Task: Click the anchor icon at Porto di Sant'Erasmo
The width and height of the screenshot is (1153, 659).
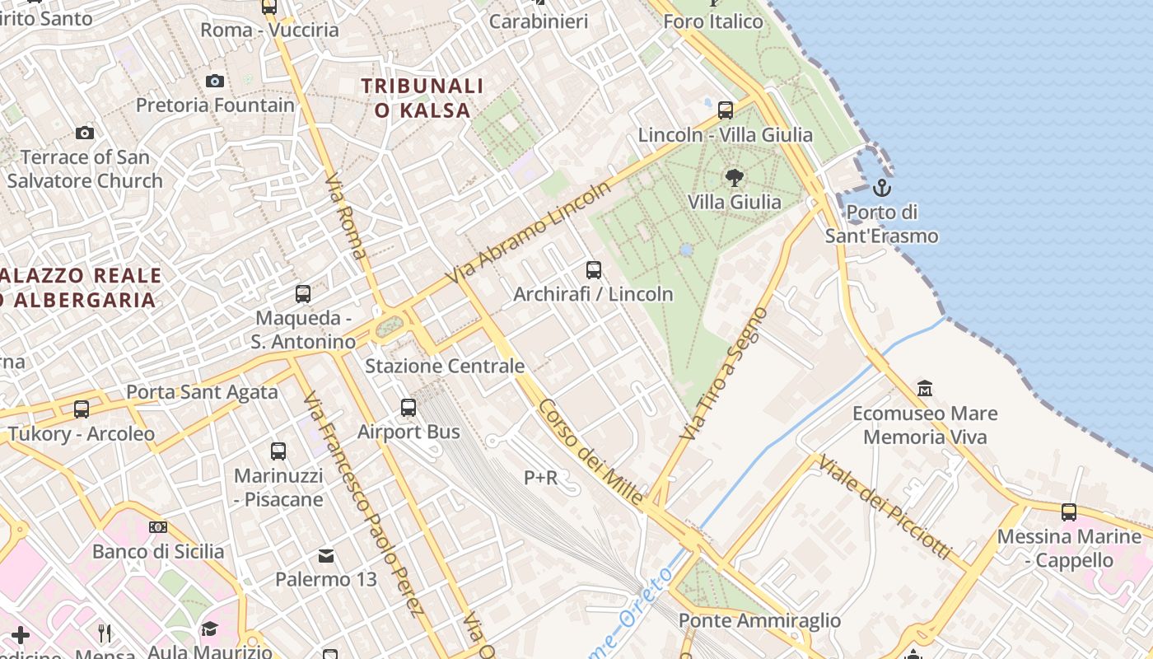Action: (x=882, y=187)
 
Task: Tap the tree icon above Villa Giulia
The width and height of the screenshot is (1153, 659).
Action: (x=734, y=176)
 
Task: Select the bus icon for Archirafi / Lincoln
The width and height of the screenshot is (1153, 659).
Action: (x=593, y=269)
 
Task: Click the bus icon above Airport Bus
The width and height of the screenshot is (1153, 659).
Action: (x=408, y=407)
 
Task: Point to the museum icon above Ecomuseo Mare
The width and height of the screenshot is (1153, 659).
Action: (x=925, y=388)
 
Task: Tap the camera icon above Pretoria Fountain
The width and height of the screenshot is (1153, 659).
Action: (x=215, y=81)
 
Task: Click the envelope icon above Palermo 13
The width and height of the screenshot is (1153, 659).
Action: (x=326, y=556)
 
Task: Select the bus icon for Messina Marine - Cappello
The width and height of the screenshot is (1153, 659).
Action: (x=1069, y=512)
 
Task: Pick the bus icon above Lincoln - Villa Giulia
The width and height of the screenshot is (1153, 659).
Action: (x=726, y=110)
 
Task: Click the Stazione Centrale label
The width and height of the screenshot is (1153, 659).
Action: (x=445, y=366)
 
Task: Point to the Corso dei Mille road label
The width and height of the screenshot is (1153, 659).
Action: (x=591, y=451)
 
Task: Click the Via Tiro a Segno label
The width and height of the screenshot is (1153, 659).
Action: (x=724, y=373)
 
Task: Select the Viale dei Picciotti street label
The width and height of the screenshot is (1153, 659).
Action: (x=884, y=506)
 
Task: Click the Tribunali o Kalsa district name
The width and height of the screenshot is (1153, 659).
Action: (x=422, y=97)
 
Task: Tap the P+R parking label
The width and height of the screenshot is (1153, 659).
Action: (x=540, y=477)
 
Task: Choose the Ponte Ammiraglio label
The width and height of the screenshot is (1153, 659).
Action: (x=759, y=620)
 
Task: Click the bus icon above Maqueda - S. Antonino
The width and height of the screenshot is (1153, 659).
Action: (x=303, y=294)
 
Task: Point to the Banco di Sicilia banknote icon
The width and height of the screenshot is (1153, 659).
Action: (x=158, y=527)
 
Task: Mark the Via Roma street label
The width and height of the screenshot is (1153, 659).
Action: (x=345, y=216)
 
